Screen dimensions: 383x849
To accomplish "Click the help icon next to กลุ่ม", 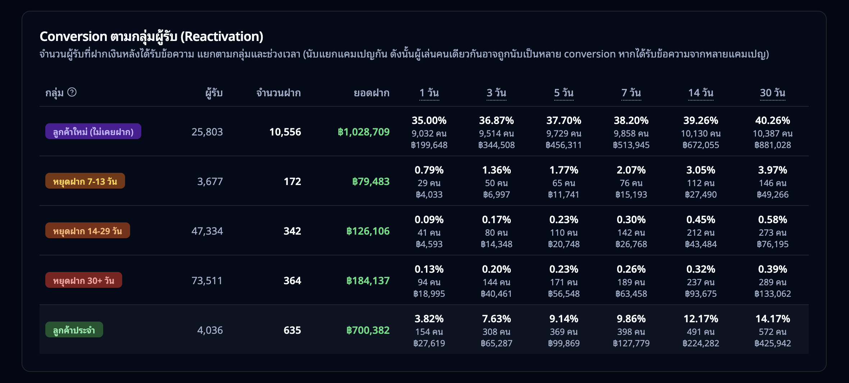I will pos(72,92).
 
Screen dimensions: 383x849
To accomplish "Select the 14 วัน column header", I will pos(701,93).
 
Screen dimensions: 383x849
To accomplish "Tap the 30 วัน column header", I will pos(772,93).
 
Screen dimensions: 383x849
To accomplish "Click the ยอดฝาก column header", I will pos(371,93).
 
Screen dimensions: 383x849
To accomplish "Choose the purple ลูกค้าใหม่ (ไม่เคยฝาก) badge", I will pos(93,131).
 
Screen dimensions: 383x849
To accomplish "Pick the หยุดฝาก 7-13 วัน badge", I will pos(85,181).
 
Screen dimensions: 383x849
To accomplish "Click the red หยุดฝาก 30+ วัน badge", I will pos(84,280).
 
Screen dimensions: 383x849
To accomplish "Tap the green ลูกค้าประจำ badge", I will pos(74,330).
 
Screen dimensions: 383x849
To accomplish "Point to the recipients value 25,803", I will pos(207,132).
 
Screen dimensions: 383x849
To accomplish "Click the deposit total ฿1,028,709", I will pos(363,132).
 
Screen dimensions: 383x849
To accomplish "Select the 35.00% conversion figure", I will pos(429,120).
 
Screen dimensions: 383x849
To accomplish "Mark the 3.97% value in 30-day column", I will pos(772,170).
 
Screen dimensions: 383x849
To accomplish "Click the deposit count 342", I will pos(292,231).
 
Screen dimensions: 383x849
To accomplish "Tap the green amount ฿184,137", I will pos(368,281).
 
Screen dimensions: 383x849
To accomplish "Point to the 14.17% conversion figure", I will pos(772,319).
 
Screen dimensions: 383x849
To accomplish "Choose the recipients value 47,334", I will pos(207,231).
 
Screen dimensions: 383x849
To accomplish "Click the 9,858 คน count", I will pos(631,134).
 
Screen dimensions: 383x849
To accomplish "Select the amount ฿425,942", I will pos(772,343).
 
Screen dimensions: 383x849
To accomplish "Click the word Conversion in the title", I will pos(73,36).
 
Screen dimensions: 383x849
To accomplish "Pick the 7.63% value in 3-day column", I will pos(496,319).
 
